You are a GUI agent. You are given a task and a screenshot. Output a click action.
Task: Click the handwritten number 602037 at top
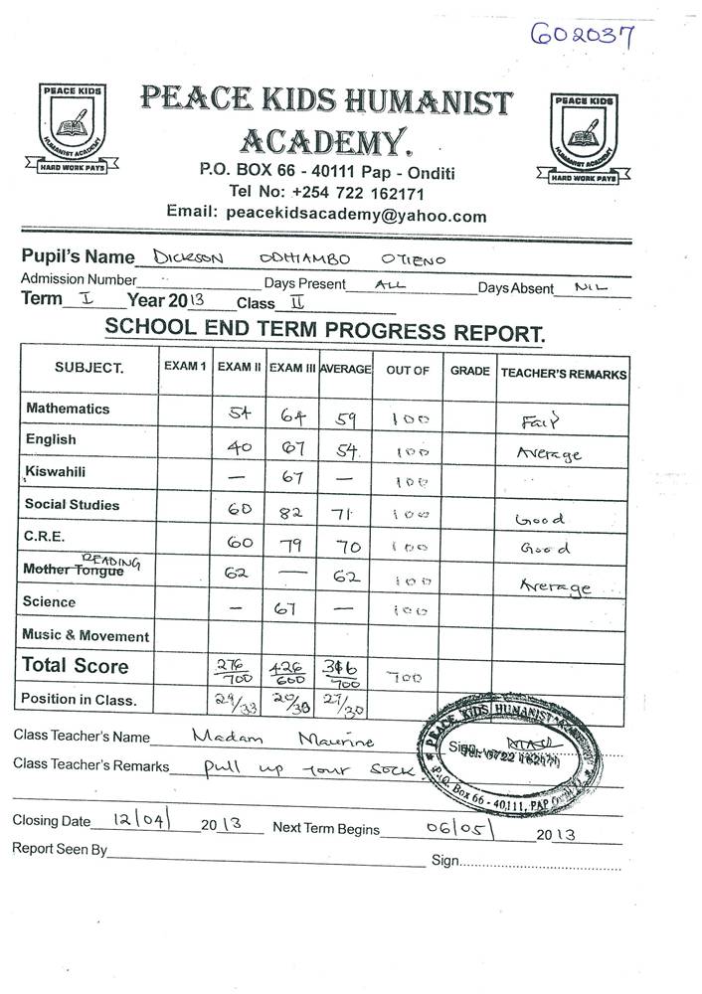[x=584, y=36]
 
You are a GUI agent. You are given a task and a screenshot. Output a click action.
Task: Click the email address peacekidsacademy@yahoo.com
[x=356, y=215]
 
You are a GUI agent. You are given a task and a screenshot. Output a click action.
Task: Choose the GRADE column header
[x=469, y=371]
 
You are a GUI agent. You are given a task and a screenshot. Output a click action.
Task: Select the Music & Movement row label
[x=87, y=636]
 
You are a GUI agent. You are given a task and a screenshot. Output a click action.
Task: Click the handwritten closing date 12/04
[x=142, y=821]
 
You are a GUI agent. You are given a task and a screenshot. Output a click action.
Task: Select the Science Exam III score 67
[x=289, y=608]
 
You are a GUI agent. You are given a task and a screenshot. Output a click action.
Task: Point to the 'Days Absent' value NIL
[x=593, y=288]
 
